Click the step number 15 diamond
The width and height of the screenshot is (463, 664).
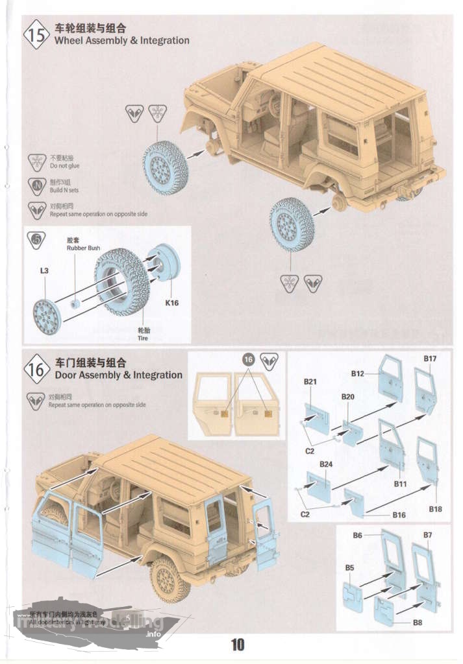click(37, 35)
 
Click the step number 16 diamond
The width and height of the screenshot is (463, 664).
click(37, 370)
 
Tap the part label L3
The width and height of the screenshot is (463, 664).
click(44, 270)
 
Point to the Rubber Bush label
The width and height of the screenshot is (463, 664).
click(83, 248)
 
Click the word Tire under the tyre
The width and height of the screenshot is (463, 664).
click(142, 338)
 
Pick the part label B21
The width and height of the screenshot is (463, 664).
click(310, 382)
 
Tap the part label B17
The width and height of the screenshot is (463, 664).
click(430, 359)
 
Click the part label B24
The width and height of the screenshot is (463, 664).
click(326, 464)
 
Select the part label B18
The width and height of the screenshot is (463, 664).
click(436, 509)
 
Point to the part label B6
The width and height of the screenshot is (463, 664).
click(357, 536)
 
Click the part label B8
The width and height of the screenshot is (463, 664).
click(419, 622)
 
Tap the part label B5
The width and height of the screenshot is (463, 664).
click(349, 568)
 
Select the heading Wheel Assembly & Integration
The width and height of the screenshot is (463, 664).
click(122, 40)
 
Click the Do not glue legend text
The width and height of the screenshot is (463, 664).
click(64, 166)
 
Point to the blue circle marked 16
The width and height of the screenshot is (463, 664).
click(248, 359)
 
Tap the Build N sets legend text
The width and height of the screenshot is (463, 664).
click(64, 190)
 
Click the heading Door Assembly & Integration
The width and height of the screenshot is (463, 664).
click(119, 375)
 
